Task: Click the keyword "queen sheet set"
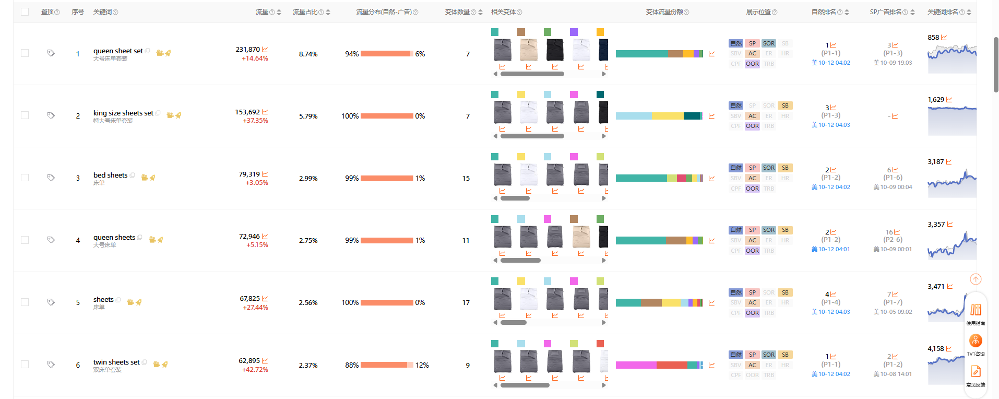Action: (118, 51)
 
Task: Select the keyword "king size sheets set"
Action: (123, 113)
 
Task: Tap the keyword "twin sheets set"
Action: (116, 362)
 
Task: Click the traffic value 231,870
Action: (247, 50)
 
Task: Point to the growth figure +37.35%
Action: (255, 121)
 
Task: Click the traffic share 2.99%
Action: (308, 179)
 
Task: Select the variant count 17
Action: (466, 303)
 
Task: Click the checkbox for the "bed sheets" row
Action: (25, 178)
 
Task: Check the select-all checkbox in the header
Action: (25, 11)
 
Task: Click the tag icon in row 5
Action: (51, 302)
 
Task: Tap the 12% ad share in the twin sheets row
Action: (422, 365)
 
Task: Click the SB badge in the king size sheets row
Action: (785, 105)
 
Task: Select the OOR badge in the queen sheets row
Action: (752, 251)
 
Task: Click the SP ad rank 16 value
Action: (889, 232)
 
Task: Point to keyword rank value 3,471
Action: (936, 287)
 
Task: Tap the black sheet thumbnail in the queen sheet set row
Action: (555, 50)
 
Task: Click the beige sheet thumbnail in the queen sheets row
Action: (581, 237)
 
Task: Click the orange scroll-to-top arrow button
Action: (976, 279)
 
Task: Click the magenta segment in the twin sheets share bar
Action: (636, 365)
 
